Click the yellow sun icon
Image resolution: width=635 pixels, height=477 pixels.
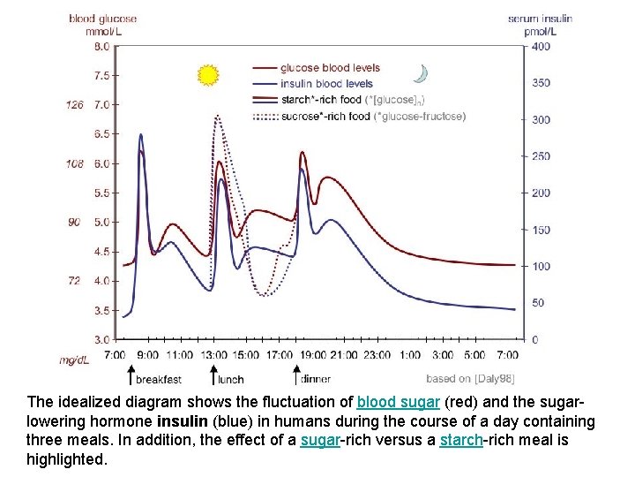tap(208, 75)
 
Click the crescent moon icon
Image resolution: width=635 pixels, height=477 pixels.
tap(422, 73)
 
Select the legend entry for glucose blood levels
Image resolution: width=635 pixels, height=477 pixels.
tap(329, 68)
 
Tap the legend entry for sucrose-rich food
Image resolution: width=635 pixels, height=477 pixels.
tap(359, 116)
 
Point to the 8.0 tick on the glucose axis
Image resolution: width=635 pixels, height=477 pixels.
tap(101, 46)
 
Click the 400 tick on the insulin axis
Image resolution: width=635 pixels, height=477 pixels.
tap(541, 46)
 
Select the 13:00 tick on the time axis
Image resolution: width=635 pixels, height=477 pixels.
tap(213, 354)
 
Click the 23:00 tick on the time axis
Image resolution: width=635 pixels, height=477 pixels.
tap(377, 354)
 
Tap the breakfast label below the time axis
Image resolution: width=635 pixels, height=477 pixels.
tap(158, 379)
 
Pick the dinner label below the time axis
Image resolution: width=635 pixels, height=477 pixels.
tap(315, 379)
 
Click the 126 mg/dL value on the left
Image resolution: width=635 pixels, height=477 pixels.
tap(74, 105)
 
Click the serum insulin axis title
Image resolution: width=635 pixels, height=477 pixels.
tap(540, 18)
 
